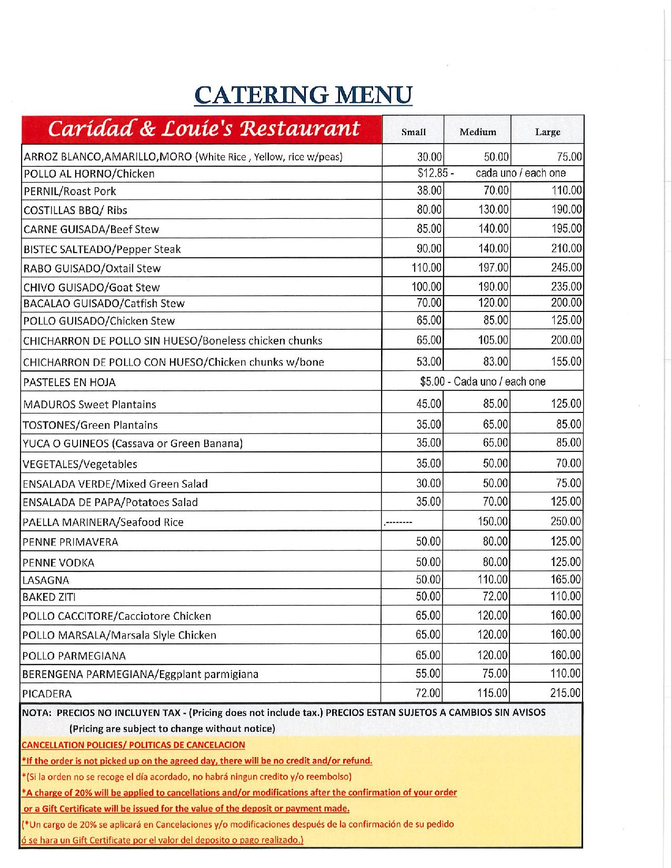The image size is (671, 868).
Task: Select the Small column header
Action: [413, 132]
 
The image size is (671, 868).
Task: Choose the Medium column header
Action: [477, 132]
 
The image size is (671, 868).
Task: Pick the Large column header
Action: [547, 132]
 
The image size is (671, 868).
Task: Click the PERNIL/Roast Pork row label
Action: [69, 191]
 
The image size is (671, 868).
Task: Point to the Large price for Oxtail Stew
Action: [566, 268]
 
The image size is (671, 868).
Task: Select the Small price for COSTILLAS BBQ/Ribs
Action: [429, 209]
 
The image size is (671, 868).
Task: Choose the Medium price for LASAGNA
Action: [493, 580]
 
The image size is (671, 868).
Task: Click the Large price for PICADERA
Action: [565, 693]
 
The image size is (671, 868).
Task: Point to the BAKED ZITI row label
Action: [49, 597]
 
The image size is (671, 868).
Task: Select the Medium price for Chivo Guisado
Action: [493, 287]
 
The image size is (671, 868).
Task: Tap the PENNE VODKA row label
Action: [58, 563]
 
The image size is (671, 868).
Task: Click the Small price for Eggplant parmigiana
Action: [428, 674]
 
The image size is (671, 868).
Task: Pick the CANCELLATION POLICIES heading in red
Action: [133, 745]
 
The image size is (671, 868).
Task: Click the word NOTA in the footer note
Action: [36, 712]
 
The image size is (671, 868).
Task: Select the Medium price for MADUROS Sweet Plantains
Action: [495, 404]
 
